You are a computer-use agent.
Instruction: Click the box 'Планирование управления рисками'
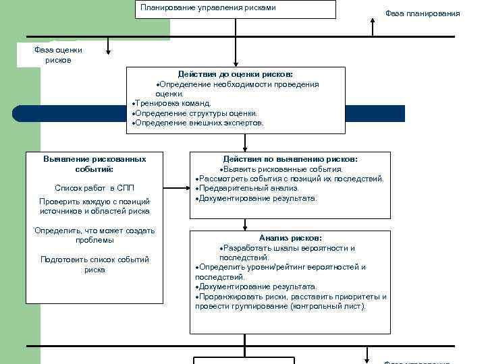click(235, 9)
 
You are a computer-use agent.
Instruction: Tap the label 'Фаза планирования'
click(423, 13)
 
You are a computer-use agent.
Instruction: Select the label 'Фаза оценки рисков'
click(58, 55)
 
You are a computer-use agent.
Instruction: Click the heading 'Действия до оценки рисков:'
click(236, 74)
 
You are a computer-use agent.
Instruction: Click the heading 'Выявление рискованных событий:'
click(94, 164)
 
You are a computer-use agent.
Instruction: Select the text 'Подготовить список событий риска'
click(94, 264)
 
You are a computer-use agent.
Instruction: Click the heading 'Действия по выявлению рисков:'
click(290, 159)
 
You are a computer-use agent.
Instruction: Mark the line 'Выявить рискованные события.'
click(283, 169)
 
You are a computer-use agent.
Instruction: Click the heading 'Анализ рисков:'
click(290, 238)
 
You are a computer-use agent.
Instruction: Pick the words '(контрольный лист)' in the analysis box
click(328, 306)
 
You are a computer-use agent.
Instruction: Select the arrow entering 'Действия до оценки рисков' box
click(235, 62)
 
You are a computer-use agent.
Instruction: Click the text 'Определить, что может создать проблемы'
click(94, 235)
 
